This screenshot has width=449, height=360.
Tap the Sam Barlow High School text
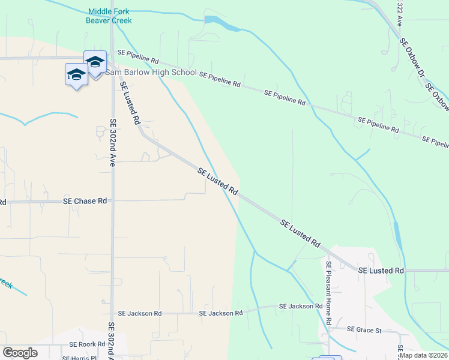click(x=151, y=72)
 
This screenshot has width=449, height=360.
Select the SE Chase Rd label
click(x=85, y=201)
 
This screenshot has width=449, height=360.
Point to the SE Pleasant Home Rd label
click(x=329, y=293)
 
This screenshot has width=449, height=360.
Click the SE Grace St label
click(x=364, y=330)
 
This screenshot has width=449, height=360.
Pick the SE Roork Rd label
click(x=87, y=344)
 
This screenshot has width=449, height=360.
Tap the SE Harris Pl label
click(x=80, y=358)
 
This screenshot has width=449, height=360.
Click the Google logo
click(x=20, y=353)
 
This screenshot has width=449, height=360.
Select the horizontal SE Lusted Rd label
click(x=381, y=271)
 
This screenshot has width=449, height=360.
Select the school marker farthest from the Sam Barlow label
click(x=76, y=75)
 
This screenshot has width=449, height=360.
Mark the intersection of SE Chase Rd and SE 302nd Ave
click(x=112, y=201)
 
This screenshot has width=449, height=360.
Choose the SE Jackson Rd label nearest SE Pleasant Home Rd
click(x=301, y=306)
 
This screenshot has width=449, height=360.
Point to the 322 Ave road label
click(x=399, y=13)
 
